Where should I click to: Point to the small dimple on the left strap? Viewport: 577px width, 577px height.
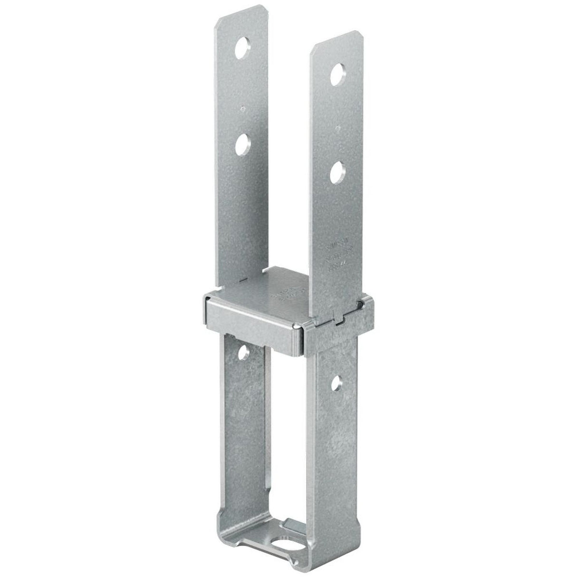[242, 108]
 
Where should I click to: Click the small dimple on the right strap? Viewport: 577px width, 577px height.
[337, 127]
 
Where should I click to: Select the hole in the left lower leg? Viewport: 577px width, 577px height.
[244, 352]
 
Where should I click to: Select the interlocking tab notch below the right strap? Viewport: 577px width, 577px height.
[339, 323]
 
